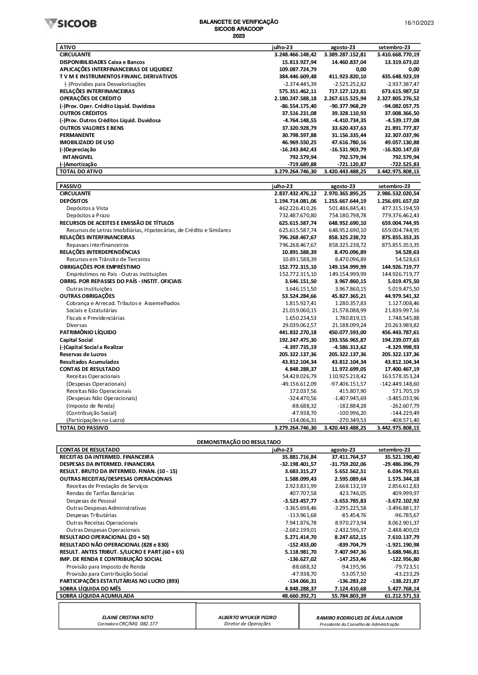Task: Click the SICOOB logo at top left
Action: tap(70, 23)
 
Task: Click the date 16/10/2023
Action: tap(419, 23)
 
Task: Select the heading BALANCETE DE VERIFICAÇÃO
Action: tap(239, 22)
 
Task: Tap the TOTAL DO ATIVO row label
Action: tap(81, 171)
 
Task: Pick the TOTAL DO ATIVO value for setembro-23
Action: tap(398, 171)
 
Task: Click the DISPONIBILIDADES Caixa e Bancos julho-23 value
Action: tap(299, 62)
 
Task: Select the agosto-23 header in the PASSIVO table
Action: tap(343, 186)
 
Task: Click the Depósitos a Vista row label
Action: tap(87, 208)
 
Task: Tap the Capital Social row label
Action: tap(76, 340)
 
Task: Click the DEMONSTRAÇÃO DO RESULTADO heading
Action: tap(239, 442)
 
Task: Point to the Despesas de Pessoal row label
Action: tap(91, 501)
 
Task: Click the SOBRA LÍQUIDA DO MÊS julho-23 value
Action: tap(299, 589)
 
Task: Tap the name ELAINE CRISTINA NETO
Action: tap(128, 617)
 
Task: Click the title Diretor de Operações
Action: tap(247, 623)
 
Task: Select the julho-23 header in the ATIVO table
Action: tap(282, 47)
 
